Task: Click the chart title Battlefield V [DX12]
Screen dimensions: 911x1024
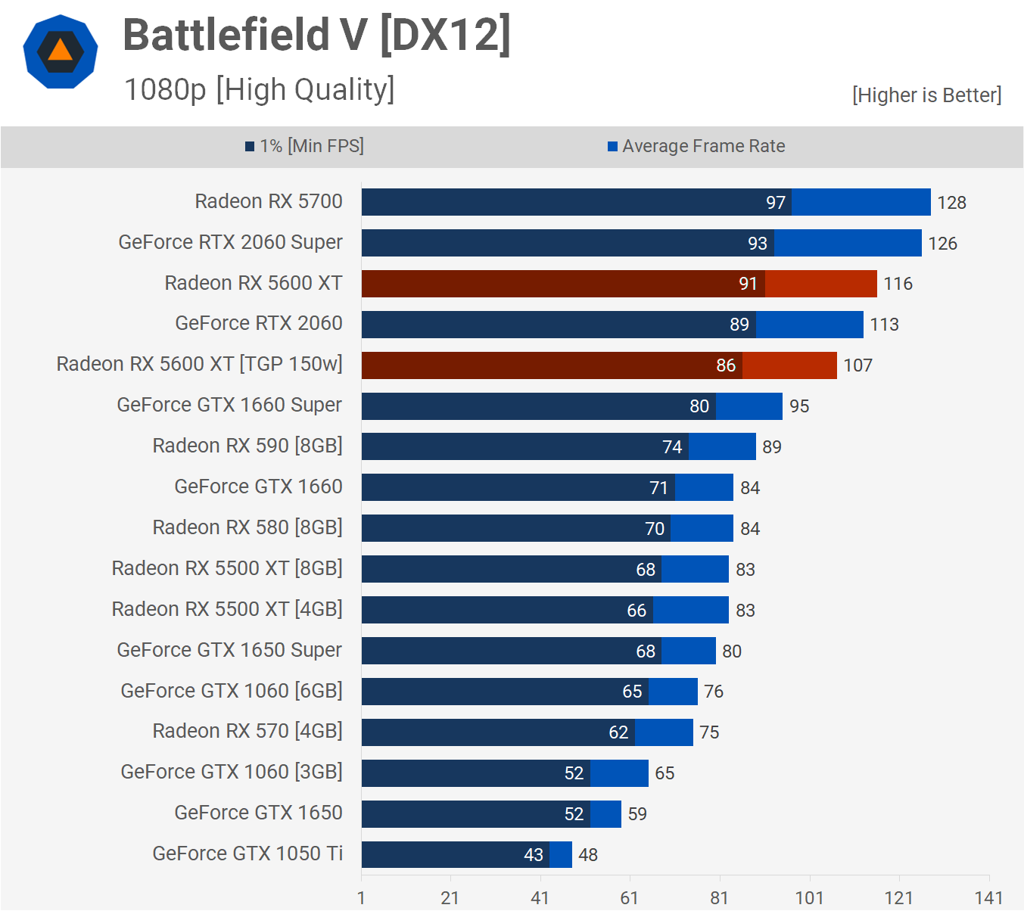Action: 316,36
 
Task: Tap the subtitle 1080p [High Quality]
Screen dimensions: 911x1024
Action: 259,89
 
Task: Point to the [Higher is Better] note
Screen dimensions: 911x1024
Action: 926,95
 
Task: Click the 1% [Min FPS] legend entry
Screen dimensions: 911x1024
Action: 304,146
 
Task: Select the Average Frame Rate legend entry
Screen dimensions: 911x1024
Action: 696,146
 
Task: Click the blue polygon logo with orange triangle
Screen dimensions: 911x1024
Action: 61,51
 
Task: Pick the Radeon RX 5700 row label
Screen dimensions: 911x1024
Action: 269,201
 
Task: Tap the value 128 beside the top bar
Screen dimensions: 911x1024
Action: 951,203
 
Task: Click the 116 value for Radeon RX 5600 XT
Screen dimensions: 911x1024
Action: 898,284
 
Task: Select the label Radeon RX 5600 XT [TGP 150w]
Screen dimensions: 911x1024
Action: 199,364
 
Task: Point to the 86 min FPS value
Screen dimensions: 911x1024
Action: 726,365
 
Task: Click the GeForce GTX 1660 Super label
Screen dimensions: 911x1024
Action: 229,405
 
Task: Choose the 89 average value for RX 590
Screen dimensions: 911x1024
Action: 772,447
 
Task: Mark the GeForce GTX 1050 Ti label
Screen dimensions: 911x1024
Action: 247,853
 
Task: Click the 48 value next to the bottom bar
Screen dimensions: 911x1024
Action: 588,855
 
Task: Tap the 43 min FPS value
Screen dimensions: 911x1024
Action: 534,855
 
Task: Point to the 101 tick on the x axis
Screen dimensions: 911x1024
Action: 809,898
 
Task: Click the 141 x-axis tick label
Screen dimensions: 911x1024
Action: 988,898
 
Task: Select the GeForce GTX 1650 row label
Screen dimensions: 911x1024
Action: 258,813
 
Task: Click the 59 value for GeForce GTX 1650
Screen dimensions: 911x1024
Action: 637,814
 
